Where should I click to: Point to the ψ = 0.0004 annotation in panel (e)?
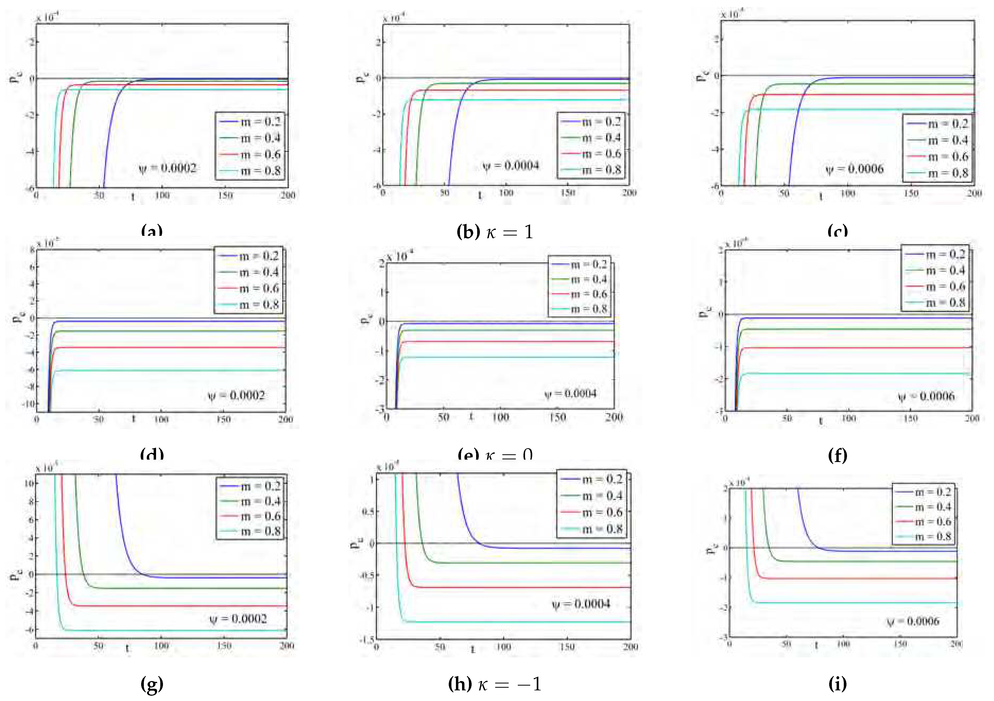571,394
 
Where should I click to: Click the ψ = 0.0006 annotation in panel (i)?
913,622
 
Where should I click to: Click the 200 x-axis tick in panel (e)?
614,417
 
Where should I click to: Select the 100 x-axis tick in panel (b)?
506,193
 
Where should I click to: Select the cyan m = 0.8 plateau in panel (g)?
173,631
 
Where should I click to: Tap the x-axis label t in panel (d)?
134,419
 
